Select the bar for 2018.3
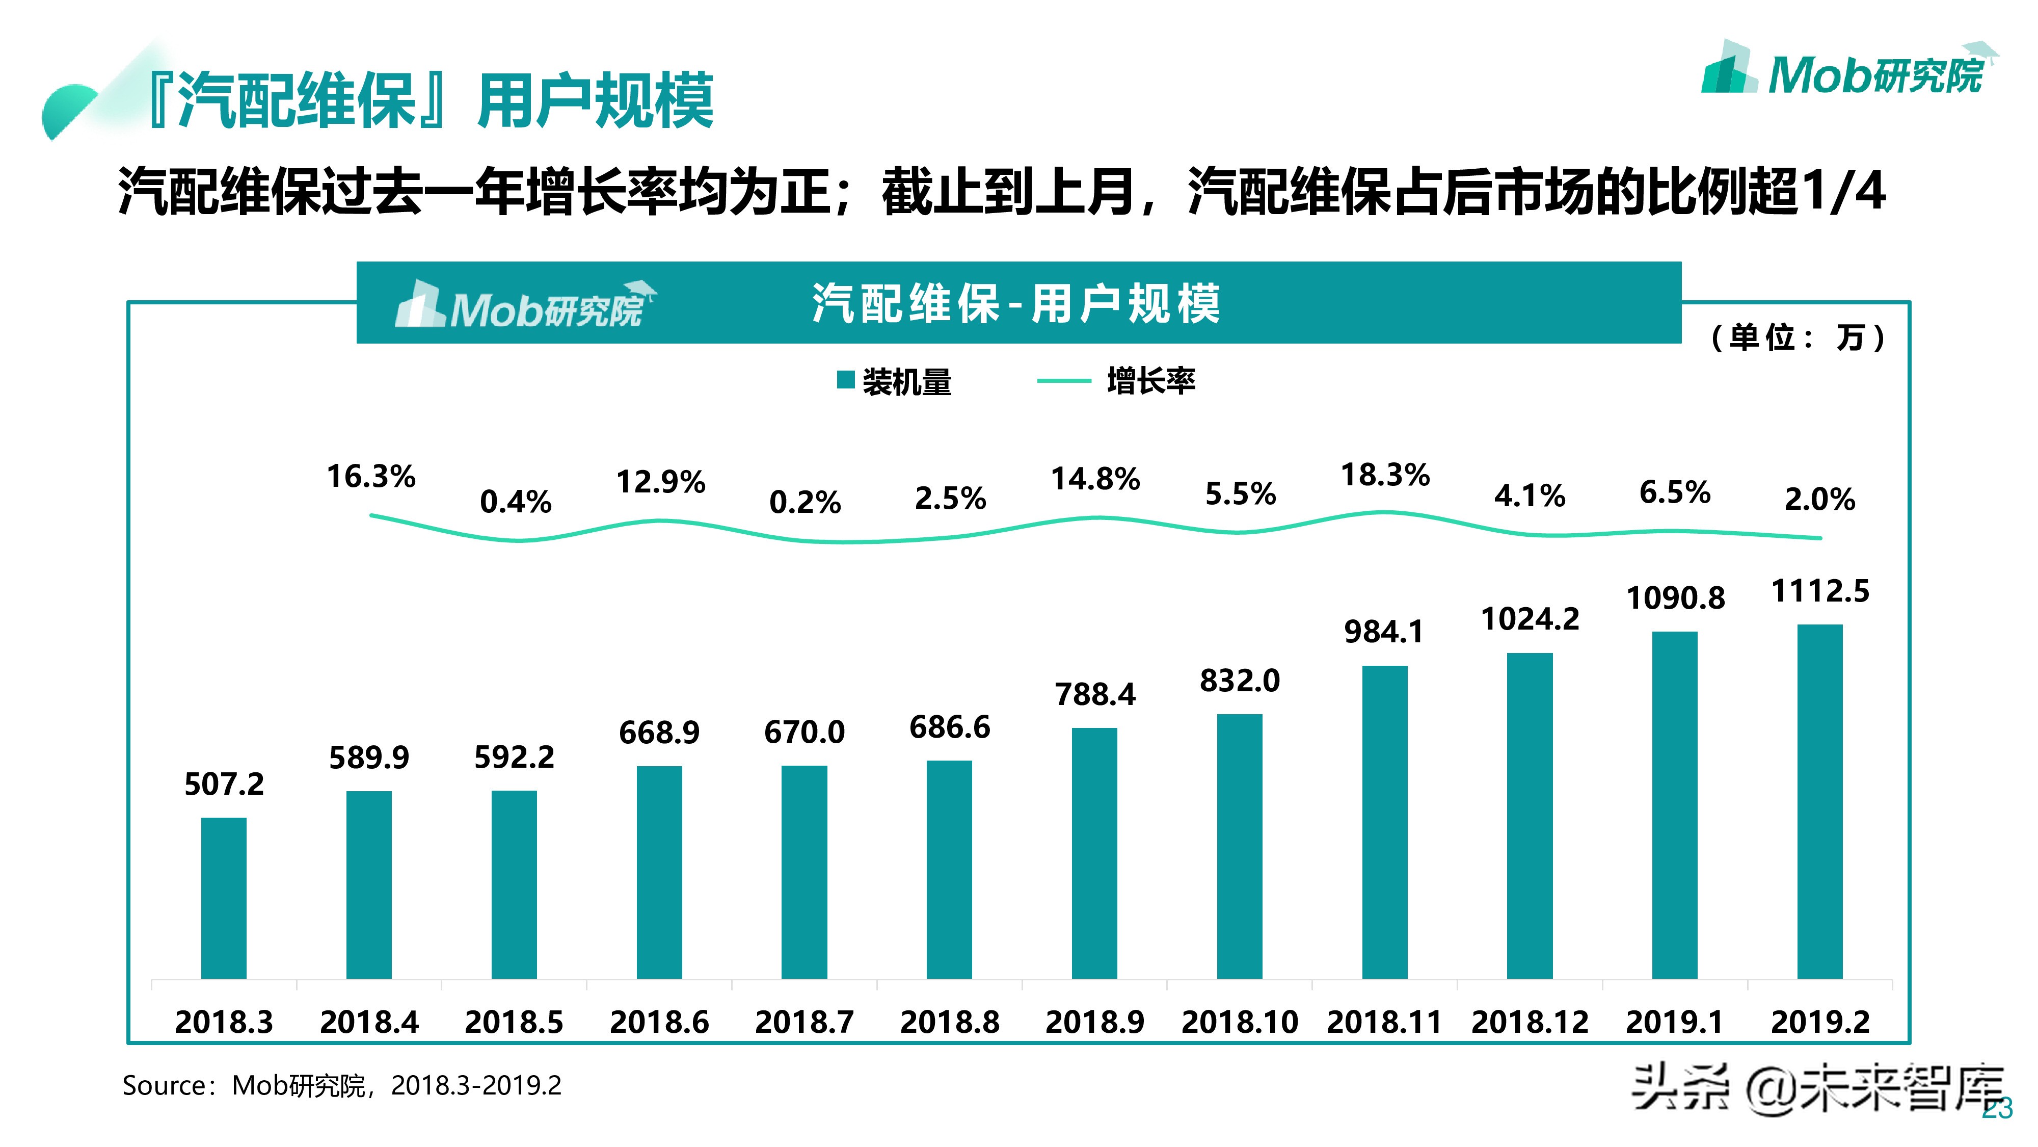tap(224, 898)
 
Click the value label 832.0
tap(1240, 681)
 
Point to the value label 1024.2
tap(1530, 619)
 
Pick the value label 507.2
tap(224, 785)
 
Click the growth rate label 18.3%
tap(1384, 475)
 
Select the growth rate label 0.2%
tap(805, 502)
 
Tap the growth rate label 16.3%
tap(370, 477)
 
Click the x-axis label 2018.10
tap(1240, 1022)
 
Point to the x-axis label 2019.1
tap(1674, 1022)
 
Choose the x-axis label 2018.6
tap(659, 1022)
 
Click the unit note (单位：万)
tap(1798, 338)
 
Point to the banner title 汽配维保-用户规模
tap(1016, 304)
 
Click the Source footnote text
tap(342, 1085)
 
